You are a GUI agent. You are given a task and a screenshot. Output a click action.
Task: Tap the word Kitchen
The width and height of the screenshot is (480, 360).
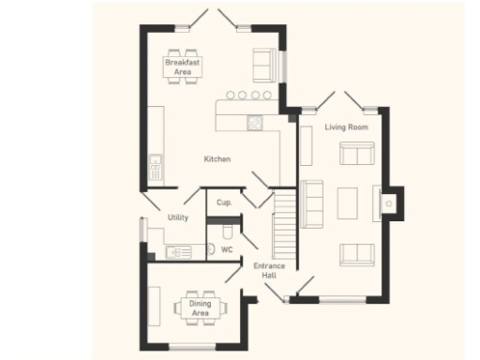tap(217, 159)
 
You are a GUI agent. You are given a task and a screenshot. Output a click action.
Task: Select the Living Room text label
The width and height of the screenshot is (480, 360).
tap(346, 127)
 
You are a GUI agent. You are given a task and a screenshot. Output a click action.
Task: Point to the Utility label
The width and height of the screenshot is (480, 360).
tap(178, 217)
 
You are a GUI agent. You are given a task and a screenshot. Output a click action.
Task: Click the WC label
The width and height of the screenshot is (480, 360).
tap(226, 250)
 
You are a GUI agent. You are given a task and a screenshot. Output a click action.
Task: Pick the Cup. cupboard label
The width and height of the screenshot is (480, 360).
tap(224, 202)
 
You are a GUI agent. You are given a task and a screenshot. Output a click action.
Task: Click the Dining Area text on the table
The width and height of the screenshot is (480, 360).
tap(200, 307)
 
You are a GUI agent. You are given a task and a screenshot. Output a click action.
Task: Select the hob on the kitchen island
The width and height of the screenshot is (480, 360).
tap(255, 122)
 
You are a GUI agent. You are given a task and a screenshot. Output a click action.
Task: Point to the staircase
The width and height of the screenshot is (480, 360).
tap(283, 225)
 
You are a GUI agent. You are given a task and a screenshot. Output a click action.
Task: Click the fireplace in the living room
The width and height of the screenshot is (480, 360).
tap(388, 201)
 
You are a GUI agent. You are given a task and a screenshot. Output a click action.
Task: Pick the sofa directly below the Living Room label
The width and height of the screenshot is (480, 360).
tap(356, 153)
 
